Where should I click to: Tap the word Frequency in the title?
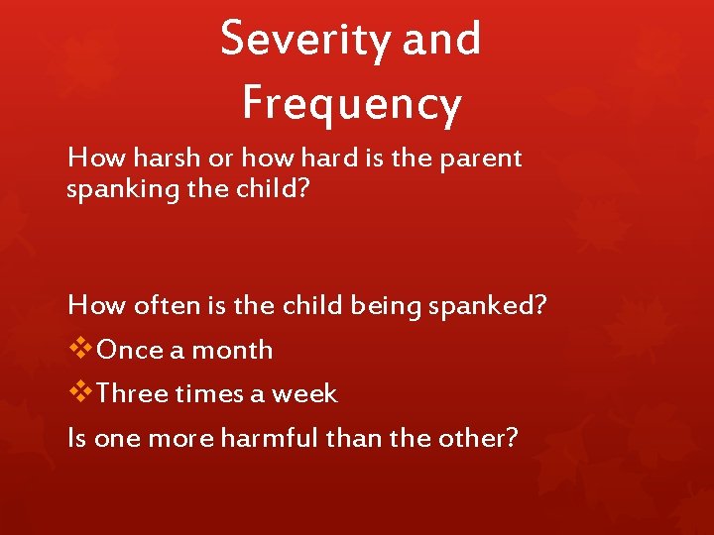point(352,103)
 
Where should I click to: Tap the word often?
point(160,305)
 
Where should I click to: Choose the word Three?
point(133,394)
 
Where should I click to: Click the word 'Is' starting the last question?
point(76,437)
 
